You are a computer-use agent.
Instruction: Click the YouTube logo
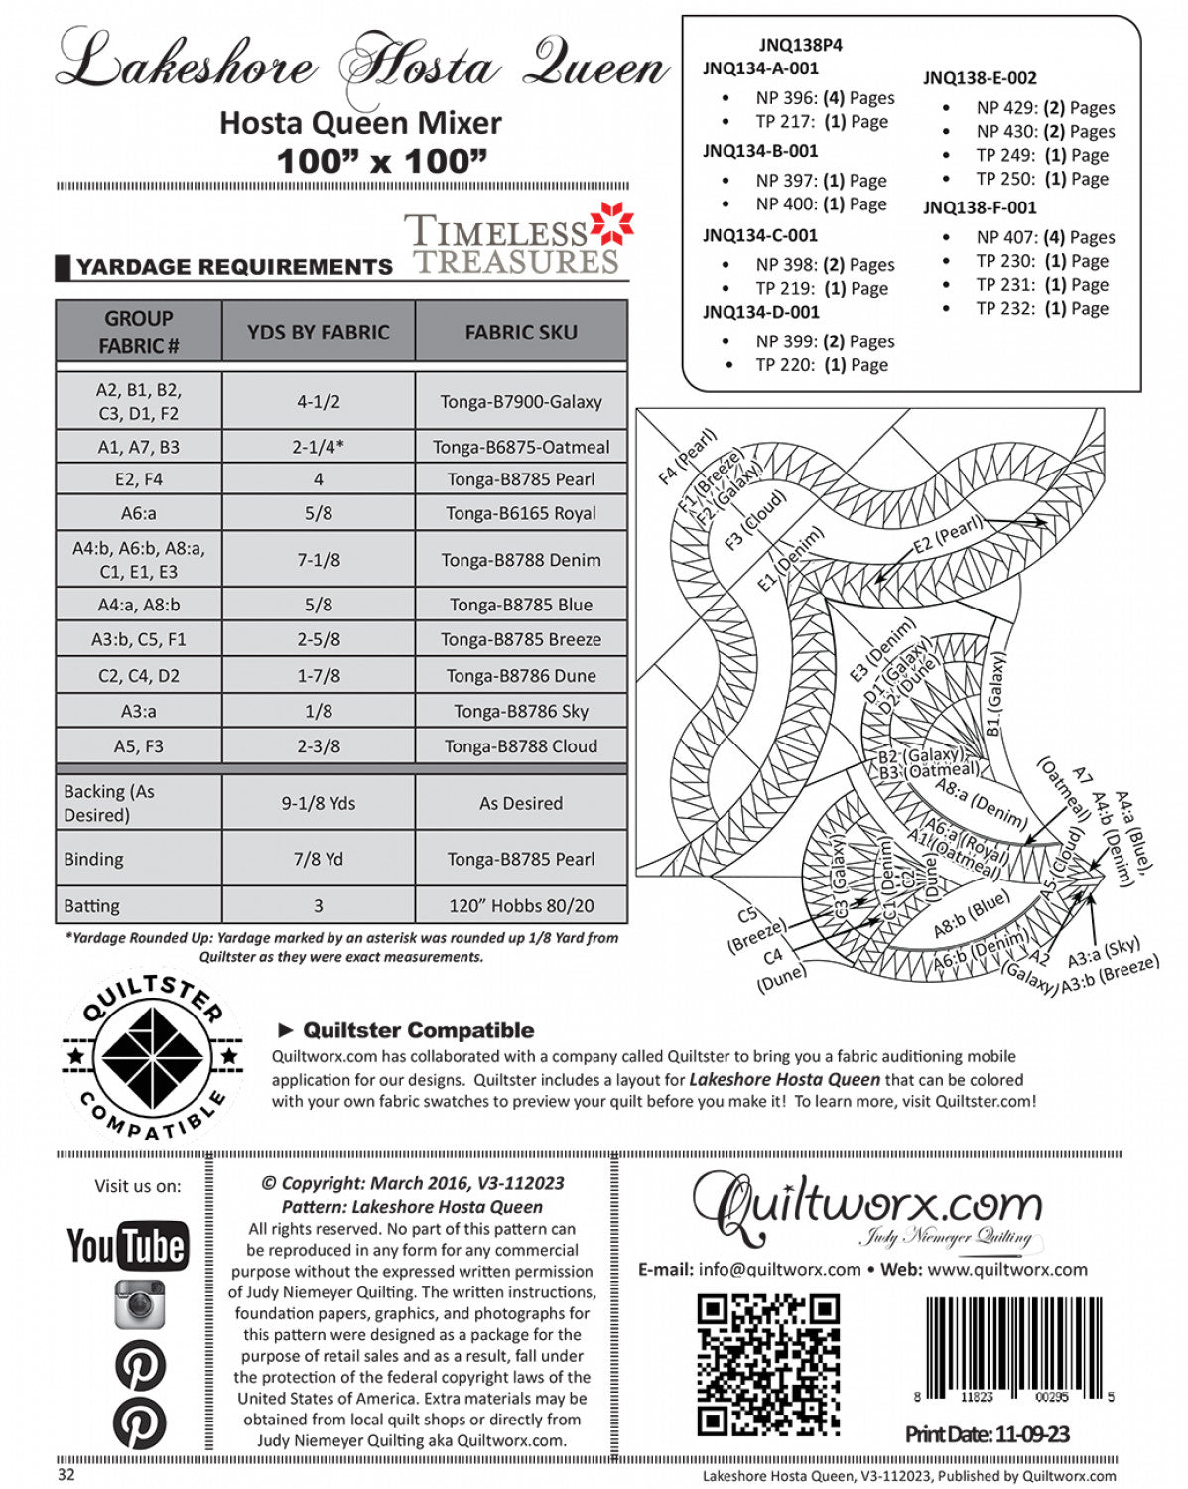tap(127, 1245)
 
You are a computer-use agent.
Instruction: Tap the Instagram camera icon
tap(139, 1303)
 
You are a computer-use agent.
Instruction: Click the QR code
tap(768, 1364)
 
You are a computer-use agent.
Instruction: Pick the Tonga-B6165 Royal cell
tap(521, 513)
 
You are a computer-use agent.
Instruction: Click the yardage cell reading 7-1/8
tap(319, 560)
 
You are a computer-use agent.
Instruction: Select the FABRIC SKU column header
tap(521, 333)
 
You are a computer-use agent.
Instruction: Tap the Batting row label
tap(92, 905)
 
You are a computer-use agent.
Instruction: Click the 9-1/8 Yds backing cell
tap(319, 803)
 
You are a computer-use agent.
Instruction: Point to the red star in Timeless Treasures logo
tap(611, 224)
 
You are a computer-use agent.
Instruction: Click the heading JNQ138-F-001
tap(980, 207)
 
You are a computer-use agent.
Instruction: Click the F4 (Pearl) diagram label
tap(687, 456)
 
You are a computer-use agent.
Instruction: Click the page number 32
tap(66, 1475)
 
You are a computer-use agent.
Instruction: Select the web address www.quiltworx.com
tap(1007, 1269)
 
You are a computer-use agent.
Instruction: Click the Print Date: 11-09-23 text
tap(987, 1433)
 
